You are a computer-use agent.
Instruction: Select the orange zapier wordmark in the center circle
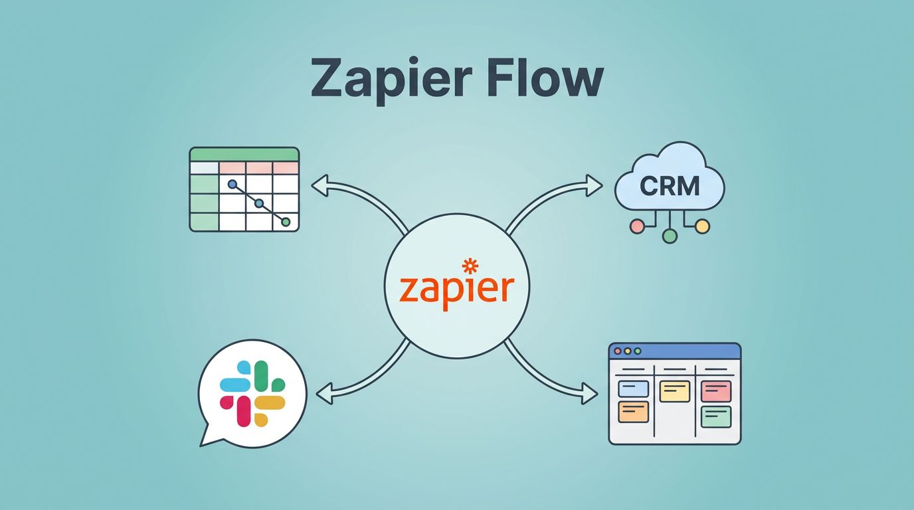point(457,290)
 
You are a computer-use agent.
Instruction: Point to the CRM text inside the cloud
point(670,186)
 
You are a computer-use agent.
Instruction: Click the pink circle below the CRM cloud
point(637,226)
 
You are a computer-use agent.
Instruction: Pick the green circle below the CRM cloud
point(670,235)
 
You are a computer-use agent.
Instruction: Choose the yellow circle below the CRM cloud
point(702,226)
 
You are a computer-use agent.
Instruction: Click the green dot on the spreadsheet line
point(286,222)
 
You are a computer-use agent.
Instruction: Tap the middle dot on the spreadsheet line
point(259,203)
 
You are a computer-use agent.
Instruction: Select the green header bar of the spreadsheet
point(244,154)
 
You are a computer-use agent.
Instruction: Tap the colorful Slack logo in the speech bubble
point(252,394)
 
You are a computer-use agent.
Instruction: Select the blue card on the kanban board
point(633,388)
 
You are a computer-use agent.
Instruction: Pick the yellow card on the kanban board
point(674,391)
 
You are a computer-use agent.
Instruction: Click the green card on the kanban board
point(715,416)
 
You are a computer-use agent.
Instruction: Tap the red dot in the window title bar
point(617,351)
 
